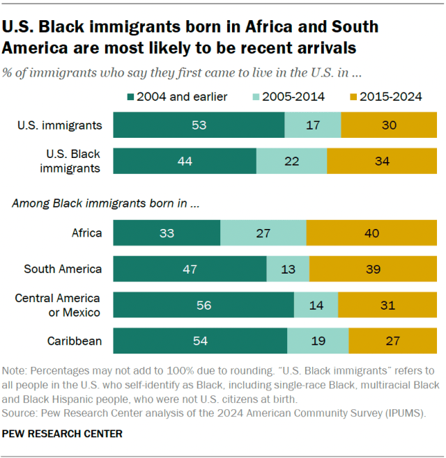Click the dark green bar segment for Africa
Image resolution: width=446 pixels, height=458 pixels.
point(167,232)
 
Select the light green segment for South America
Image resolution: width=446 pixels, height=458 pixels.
point(288,269)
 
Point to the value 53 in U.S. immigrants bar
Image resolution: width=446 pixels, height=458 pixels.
point(199,125)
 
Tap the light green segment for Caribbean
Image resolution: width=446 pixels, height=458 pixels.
point(318,341)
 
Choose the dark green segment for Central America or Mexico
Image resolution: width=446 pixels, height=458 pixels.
point(203,305)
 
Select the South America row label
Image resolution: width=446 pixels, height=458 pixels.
point(63,269)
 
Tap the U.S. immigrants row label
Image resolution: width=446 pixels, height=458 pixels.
point(60,125)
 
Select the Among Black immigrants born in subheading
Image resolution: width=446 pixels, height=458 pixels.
point(105,204)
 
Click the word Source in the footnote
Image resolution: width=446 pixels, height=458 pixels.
point(21,413)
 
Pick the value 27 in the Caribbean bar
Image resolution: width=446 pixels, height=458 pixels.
point(392,341)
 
